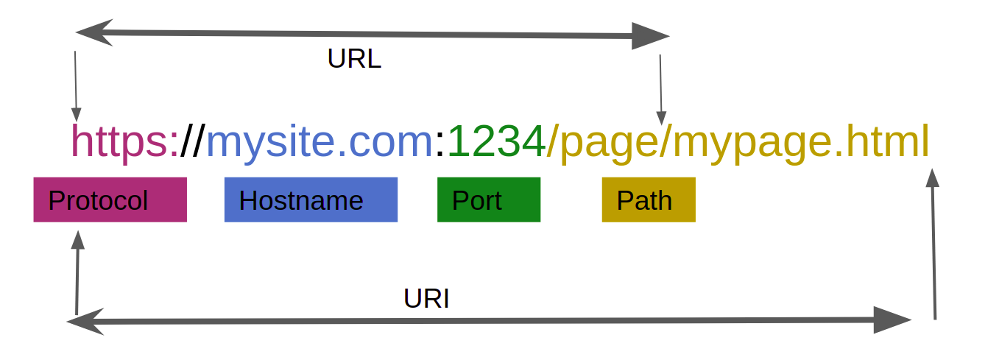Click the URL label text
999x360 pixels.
[x=355, y=58]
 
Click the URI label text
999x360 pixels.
[x=426, y=298]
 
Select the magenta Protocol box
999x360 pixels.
[x=110, y=200]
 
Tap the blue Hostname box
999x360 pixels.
[x=311, y=200]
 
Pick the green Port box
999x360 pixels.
[x=489, y=200]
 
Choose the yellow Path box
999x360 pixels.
[x=649, y=200]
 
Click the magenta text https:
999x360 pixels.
[x=125, y=141]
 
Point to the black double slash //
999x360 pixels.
[x=193, y=141]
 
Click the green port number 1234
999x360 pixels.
[x=496, y=141]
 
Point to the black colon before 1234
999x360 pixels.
[x=440, y=145]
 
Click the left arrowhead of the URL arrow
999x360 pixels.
[x=93, y=32]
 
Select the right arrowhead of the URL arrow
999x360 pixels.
[x=651, y=36]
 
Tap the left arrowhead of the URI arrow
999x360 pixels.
[x=85, y=321]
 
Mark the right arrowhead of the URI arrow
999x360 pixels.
[x=893, y=320]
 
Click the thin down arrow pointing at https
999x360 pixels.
[x=76, y=86]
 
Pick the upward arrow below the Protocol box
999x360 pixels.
[x=77, y=273]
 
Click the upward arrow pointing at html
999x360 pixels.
[x=933, y=244]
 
